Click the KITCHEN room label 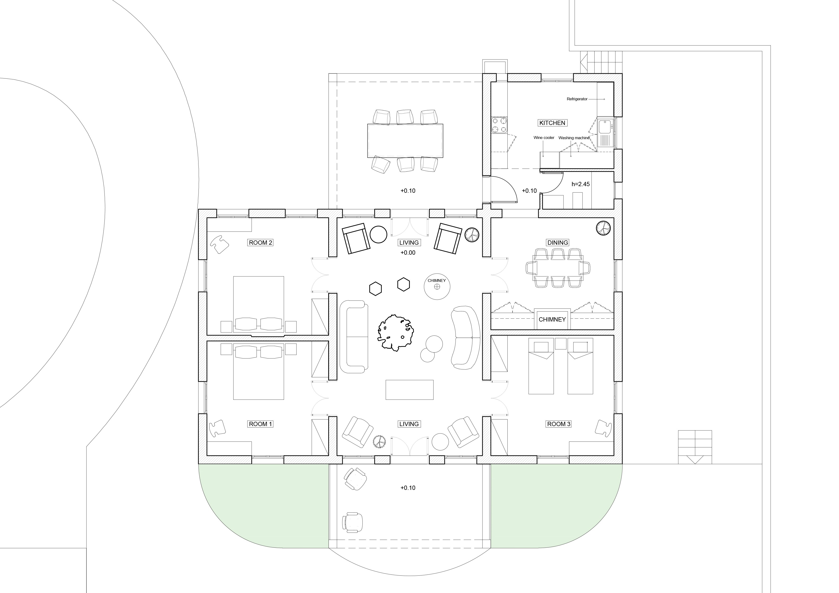[x=552, y=123]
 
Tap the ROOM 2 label [x=261, y=243]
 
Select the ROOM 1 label [x=261, y=424]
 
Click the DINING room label [x=558, y=243]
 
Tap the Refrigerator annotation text [x=577, y=99]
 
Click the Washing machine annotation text [x=574, y=138]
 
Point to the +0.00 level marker [x=408, y=253]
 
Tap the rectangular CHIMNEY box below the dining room [x=552, y=319]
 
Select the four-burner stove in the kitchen [x=499, y=125]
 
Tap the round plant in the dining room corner [x=603, y=228]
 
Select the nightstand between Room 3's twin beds [x=560, y=344]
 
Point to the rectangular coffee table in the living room [x=410, y=390]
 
